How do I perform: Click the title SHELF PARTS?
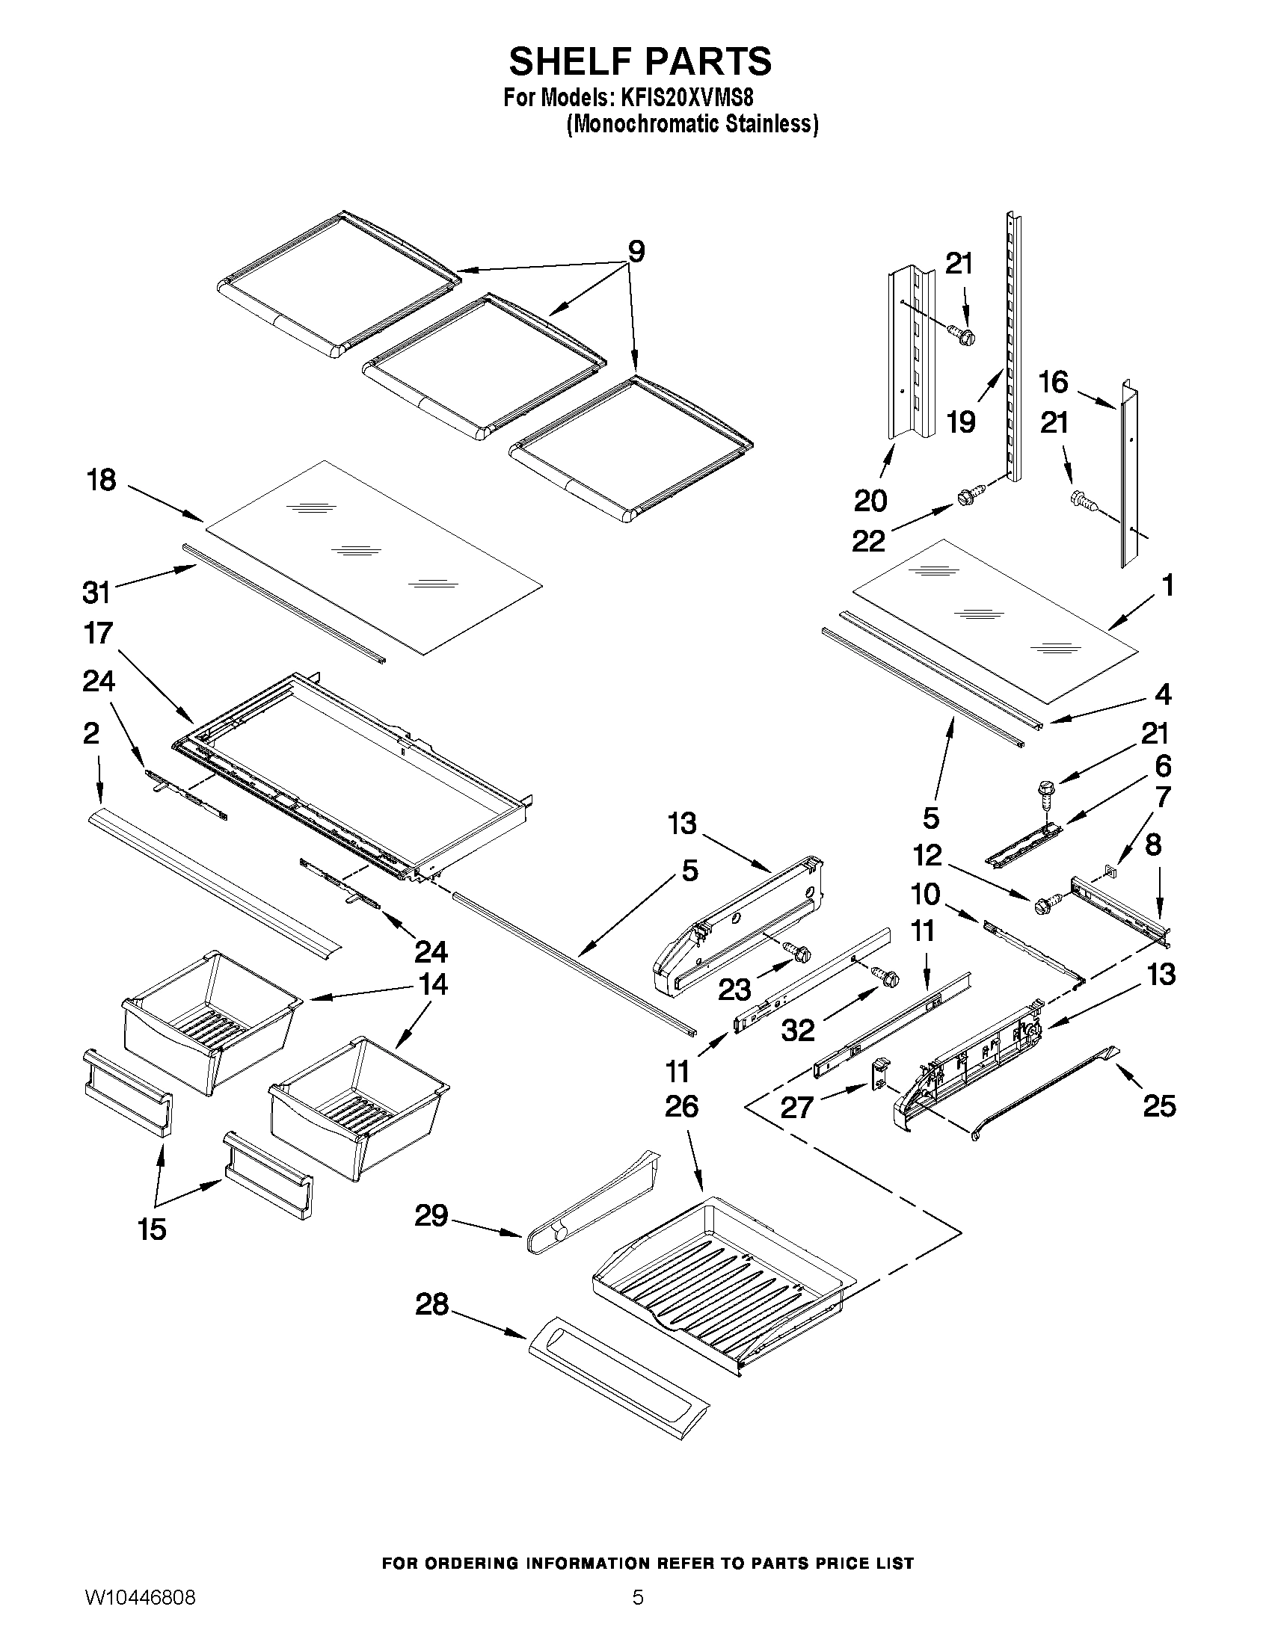coord(640,61)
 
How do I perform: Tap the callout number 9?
coord(636,252)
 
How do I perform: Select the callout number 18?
coord(102,480)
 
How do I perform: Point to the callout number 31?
coord(96,593)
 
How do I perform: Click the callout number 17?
coord(99,633)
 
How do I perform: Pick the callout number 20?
coord(870,500)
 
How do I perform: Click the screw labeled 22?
coord(965,499)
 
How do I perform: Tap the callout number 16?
coord(1053,382)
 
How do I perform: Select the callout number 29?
coord(431,1215)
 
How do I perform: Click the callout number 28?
coord(431,1304)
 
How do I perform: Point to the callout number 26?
coord(681,1105)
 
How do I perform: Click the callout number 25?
coord(1159,1105)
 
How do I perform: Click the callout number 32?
coord(798,1031)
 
